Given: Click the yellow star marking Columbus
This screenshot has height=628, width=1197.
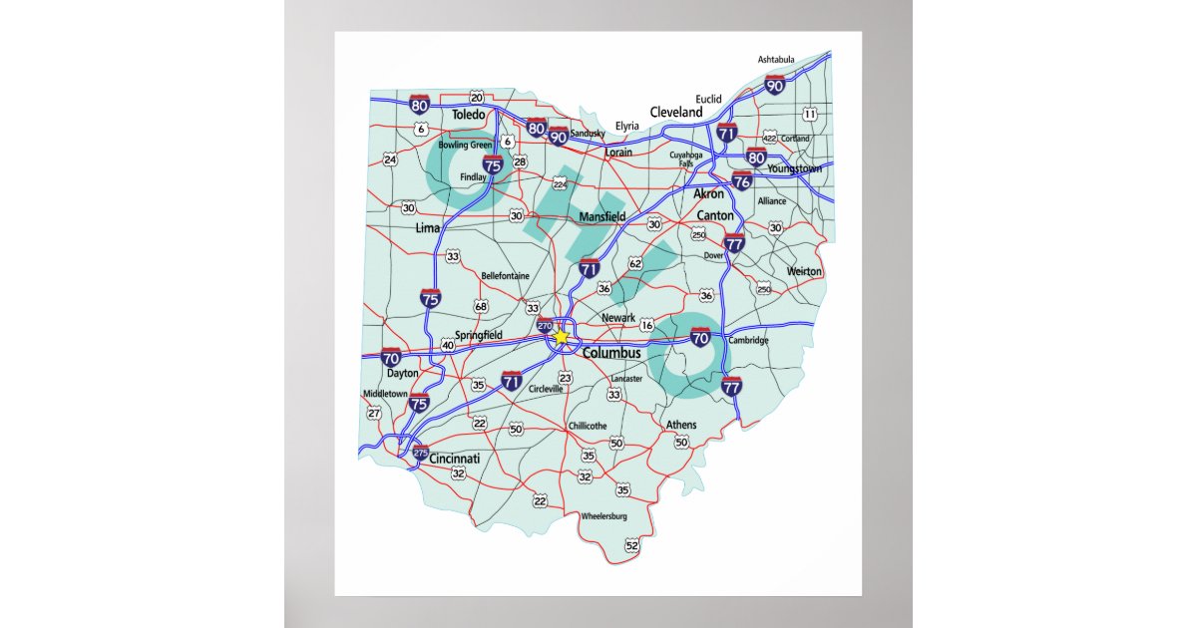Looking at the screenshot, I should pyautogui.click(x=561, y=337).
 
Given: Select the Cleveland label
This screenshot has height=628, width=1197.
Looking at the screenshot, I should pyautogui.click(x=676, y=113).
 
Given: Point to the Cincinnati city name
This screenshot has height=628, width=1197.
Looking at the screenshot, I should pyautogui.click(x=455, y=459).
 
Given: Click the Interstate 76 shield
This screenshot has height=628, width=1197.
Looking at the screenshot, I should pyautogui.click(x=741, y=180).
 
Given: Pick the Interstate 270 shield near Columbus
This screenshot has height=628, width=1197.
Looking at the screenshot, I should pyautogui.click(x=545, y=326).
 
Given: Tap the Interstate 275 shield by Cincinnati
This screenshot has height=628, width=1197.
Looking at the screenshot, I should pyautogui.click(x=420, y=453).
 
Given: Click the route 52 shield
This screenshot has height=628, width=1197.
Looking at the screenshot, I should pyautogui.click(x=631, y=545).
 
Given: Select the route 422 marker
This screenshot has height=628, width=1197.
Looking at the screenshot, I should pyautogui.click(x=769, y=136).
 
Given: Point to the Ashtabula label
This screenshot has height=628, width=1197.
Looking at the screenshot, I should pyautogui.click(x=776, y=60).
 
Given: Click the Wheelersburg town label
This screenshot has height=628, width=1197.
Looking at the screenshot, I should pyautogui.click(x=605, y=515).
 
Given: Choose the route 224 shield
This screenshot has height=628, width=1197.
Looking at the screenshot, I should pyautogui.click(x=560, y=184).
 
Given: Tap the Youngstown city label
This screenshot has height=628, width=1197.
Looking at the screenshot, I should pyautogui.click(x=795, y=169).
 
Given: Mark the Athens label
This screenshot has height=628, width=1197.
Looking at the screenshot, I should pyautogui.click(x=681, y=425).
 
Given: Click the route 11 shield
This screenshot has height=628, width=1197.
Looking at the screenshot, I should pyautogui.click(x=809, y=115).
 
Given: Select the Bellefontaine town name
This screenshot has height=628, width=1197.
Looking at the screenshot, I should pyautogui.click(x=506, y=276).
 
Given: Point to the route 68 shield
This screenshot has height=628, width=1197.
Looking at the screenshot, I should pyautogui.click(x=481, y=306).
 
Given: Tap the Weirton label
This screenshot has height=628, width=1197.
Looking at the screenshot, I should pyautogui.click(x=804, y=271).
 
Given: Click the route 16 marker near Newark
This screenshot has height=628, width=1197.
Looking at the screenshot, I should pyautogui.click(x=646, y=326).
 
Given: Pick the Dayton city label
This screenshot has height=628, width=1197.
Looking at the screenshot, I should pyautogui.click(x=403, y=373).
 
